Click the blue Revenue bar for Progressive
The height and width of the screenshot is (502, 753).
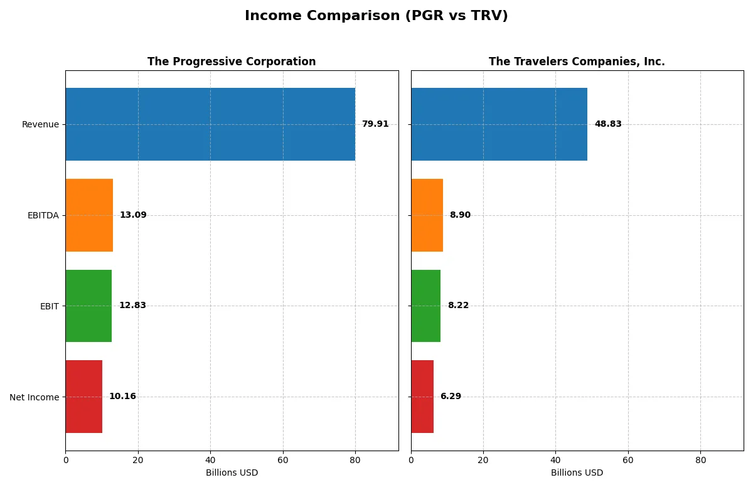coord(210,124)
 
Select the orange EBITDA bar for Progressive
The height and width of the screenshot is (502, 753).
coord(89,215)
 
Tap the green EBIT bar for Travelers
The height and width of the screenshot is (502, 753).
coord(425,306)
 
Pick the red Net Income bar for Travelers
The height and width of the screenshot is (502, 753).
coord(422,397)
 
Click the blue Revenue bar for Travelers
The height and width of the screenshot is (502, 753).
coord(499,124)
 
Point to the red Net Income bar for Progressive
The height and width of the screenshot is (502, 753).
coord(83,397)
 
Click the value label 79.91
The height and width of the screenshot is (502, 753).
coord(375,124)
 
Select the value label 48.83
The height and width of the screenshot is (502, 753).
coord(608,124)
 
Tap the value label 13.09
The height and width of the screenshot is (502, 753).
coord(133,215)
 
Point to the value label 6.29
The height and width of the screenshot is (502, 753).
coord(451,397)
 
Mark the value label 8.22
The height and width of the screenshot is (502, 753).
coord(458,306)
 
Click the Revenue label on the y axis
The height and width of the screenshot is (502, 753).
coord(40,124)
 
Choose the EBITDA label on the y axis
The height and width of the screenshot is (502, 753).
coord(43,215)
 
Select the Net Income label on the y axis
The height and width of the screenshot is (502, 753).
coord(35,397)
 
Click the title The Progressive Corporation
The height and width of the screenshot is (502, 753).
coord(232,62)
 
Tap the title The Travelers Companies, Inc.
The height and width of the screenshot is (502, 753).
coord(577,62)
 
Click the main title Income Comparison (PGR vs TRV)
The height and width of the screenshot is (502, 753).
coord(376,16)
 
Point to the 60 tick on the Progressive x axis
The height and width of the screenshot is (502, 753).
coord(283,460)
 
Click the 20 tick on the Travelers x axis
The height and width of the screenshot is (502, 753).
coord(483,460)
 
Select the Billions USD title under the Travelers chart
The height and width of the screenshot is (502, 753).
coord(577,473)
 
